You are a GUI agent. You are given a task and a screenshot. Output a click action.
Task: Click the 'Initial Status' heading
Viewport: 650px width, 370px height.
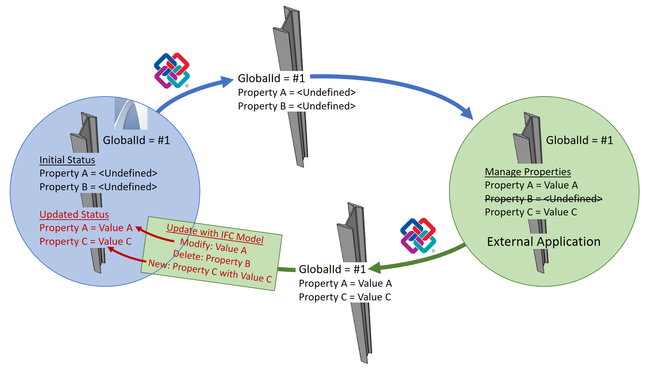tap(67, 160)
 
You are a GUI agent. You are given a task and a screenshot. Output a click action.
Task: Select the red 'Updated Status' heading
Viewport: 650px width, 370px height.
tap(74, 214)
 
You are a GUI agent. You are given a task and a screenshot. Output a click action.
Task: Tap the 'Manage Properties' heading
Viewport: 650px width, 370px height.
tap(528, 172)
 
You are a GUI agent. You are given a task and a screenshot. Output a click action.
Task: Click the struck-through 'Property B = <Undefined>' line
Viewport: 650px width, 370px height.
tap(543, 199)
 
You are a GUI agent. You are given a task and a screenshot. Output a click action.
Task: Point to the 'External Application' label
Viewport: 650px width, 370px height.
tap(543, 242)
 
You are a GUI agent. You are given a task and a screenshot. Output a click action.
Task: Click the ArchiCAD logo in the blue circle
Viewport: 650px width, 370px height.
tap(131, 114)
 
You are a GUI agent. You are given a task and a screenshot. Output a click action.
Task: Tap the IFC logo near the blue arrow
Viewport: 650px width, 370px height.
tap(172, 71)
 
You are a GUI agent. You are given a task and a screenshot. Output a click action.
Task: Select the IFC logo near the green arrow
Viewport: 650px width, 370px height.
tap(418, 236)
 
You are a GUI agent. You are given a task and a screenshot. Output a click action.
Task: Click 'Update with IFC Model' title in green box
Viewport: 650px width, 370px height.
tap(215, 234)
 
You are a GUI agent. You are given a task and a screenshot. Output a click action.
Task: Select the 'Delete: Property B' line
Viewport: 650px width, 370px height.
tap(211, 258)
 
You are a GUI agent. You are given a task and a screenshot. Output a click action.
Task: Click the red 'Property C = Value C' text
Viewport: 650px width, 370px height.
tap(86, 241)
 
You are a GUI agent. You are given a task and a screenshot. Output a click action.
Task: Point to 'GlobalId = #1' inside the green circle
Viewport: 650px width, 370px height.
tap(579, 140)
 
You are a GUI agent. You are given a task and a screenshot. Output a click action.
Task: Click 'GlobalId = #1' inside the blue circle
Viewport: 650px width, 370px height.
tap(136, 140)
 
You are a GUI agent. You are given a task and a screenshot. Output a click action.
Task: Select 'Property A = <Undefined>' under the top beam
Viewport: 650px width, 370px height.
tap(297, 92)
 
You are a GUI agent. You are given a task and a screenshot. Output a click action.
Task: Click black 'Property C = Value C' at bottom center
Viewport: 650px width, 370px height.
tap(345, 297)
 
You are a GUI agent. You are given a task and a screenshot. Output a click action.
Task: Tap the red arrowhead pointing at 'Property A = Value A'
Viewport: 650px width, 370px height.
tap(139, 229)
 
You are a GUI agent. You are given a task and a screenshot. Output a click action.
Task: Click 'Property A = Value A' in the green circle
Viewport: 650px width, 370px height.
tap(531, 185)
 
